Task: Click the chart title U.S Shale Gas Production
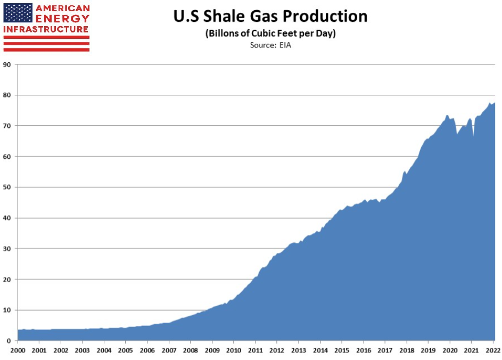coord(270,17)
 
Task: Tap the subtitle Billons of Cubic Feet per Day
coord(270,34)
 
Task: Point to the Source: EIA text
coord(270,45)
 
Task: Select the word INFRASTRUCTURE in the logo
coord(46,29)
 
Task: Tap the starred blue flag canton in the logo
coord(18,13)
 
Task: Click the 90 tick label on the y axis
coord(7,64)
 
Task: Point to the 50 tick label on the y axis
coord(7,187)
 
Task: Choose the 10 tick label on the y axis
coord(7,310)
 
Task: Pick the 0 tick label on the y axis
coord(9,341)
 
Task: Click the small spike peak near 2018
coord(405,171)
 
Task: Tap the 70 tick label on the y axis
coord(7,126)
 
